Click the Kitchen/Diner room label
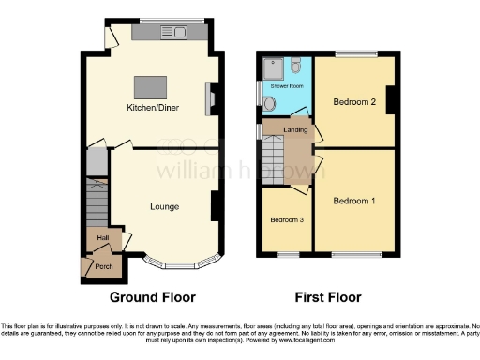click(x=154, y=108)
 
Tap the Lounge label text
click(x=165, y=206)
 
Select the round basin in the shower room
click(x=270, y=104)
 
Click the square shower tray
click(x=273, y=66)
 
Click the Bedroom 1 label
click(x=354, y=201)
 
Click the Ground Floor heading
click(x=153, y=297)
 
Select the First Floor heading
click(x=328, y=297)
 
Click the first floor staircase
click(x=274, y=151)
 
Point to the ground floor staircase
click(x=97, y=202)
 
